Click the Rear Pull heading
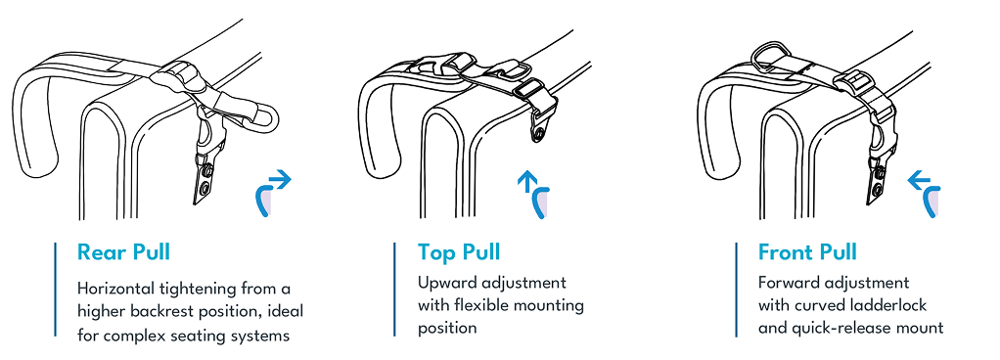click(123, 252)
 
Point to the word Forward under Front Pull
click(792, 284)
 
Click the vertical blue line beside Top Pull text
click(395, 290)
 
